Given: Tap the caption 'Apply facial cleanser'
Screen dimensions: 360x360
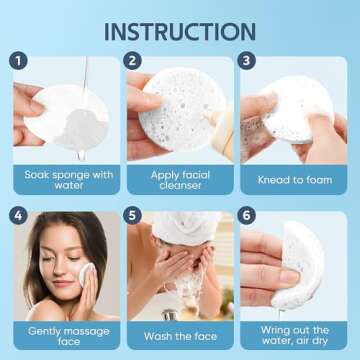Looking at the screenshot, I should tap(179, 179).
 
